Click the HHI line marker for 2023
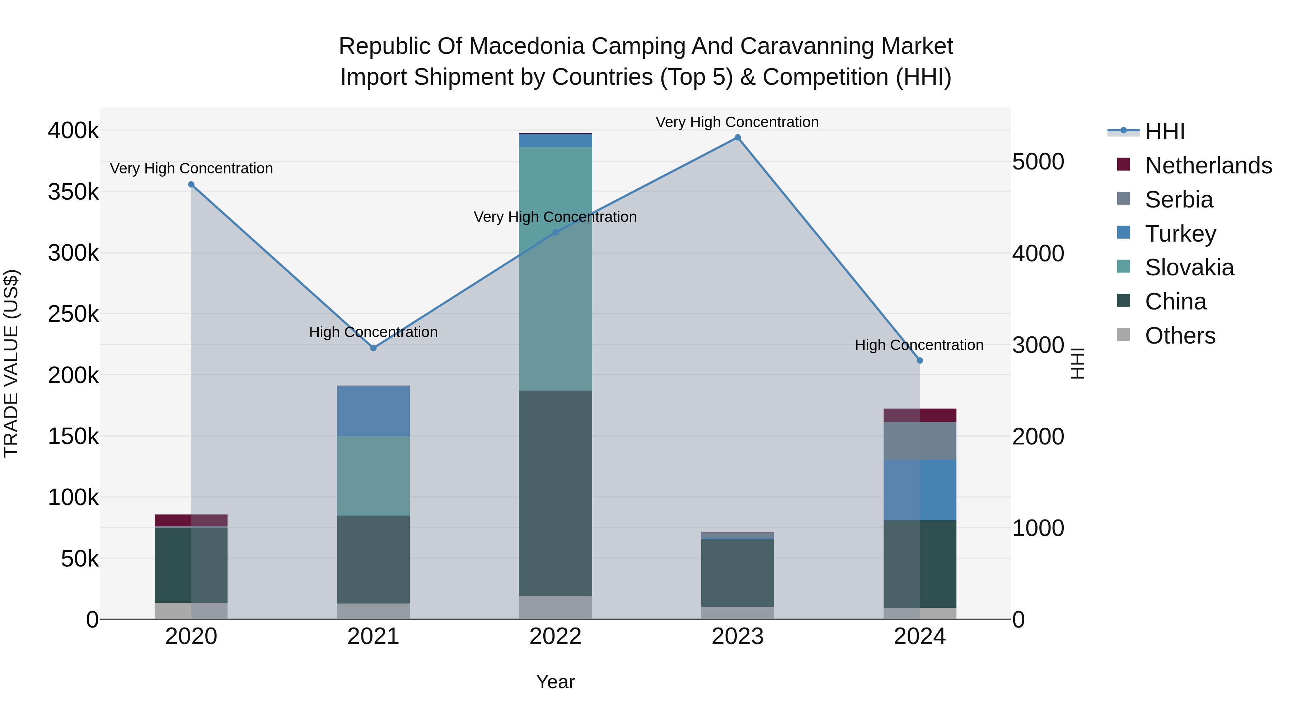[737, 138]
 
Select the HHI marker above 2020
[191, 185]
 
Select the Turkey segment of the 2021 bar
[373, 411]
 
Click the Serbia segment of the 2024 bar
[919, 441]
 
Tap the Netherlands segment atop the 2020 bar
[191, 520]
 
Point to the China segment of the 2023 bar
[737, 573]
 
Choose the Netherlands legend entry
[1208, 166]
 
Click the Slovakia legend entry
[1189, 267]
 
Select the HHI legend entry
[1165, 131]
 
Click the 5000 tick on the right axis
[1038, 162]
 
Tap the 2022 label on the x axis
[555, 637]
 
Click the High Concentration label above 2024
[919, 345]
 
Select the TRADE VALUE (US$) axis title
[11, 363]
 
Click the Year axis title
[555, 682]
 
